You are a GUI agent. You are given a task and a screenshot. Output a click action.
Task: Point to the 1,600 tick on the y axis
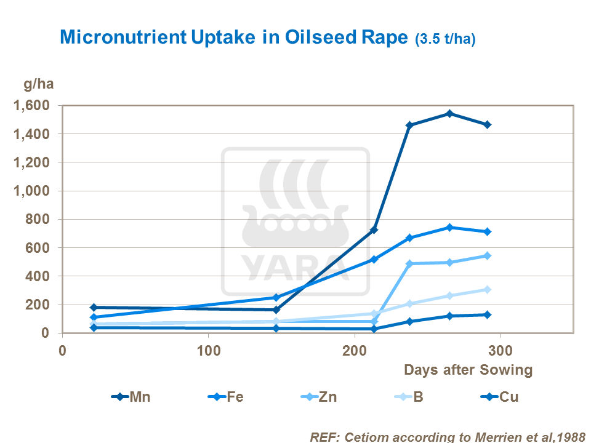(x=31, y=106)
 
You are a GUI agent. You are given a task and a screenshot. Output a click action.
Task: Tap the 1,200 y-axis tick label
(x=31, y=162)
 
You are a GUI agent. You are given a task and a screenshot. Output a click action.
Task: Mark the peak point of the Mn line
(x=449, y=113)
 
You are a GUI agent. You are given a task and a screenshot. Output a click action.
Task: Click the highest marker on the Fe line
(x=449, y=227)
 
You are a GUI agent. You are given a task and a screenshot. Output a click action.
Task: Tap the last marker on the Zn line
(x=487, y=255)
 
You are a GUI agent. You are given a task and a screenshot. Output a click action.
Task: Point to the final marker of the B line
(x=487, y=289)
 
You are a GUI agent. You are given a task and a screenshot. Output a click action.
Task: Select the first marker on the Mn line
(x=94, y=307)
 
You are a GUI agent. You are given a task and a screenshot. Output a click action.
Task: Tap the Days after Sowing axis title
(x=468, y=370)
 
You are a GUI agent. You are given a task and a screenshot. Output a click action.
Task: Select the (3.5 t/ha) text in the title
(x=444, y=39)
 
